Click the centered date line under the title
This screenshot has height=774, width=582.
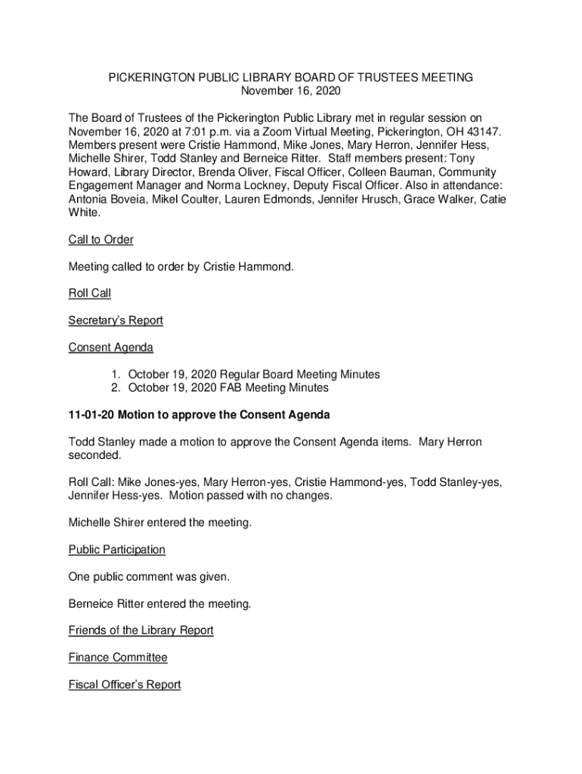click(x=291, y=91)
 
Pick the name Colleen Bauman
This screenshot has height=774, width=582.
click(x=383, y=172)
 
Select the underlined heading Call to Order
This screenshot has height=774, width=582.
click(x=101, y=240)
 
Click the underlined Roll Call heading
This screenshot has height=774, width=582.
click(x=89, y=293)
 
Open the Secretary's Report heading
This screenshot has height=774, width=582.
click(x=116, y=320)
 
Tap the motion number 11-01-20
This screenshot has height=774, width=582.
click(x=91, y=416)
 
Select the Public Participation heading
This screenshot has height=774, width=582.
click(x=116, y=550)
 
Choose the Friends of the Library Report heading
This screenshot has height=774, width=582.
click(x=141, y=630)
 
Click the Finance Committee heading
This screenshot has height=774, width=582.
click(x=117, y=658)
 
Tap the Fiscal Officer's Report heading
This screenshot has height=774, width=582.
click(x=125, y=685)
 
